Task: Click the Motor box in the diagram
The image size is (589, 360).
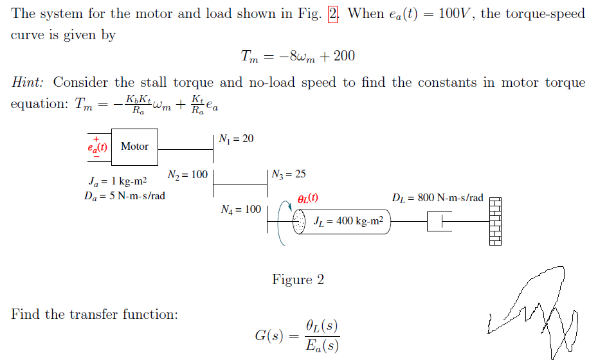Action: [x=135, y=147]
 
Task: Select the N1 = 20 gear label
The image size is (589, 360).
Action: [x=236, y=139]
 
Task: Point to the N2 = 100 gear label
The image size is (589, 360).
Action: [x=188, y=175]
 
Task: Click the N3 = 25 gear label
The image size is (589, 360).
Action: [x=289, y=174]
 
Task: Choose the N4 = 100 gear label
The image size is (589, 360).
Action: [x=240, y=209]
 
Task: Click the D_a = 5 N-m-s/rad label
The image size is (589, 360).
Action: [x=124, y=195]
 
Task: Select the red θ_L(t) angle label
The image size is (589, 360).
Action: [x=307, y=199]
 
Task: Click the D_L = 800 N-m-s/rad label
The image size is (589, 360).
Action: [x=437, y=198]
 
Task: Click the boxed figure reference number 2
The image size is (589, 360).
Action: [x=332, y=14]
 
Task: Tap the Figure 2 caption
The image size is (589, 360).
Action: [x=298, y=280]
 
